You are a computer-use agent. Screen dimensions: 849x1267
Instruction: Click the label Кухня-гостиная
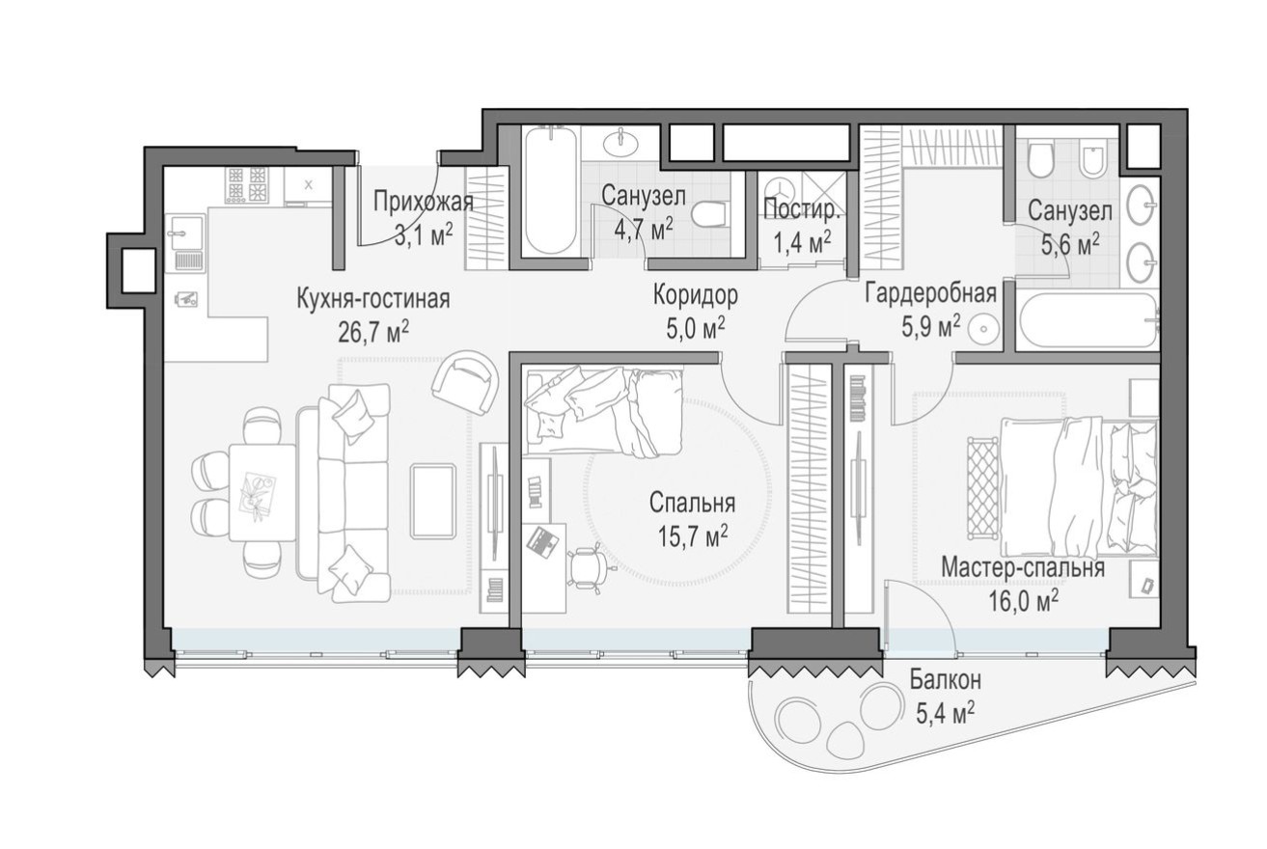coord(372,298)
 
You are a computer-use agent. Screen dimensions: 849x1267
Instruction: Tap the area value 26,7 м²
coord(372,331)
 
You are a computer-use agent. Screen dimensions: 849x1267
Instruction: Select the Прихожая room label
coord(423,202)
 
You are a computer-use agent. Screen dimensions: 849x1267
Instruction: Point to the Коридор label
coord(695,293)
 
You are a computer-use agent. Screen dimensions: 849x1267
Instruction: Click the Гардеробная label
coord(929,293)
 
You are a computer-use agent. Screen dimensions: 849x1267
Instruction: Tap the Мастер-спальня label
coord(1023,567)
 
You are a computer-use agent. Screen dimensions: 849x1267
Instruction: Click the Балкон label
coord(945,681)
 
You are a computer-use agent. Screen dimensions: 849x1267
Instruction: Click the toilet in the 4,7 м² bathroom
coord(712,214)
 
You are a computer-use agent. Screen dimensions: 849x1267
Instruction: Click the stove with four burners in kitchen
coord(246,184)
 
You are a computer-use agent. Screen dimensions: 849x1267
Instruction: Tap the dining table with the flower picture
coord(262,492)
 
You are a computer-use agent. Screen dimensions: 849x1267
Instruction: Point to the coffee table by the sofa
coord(432,501)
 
